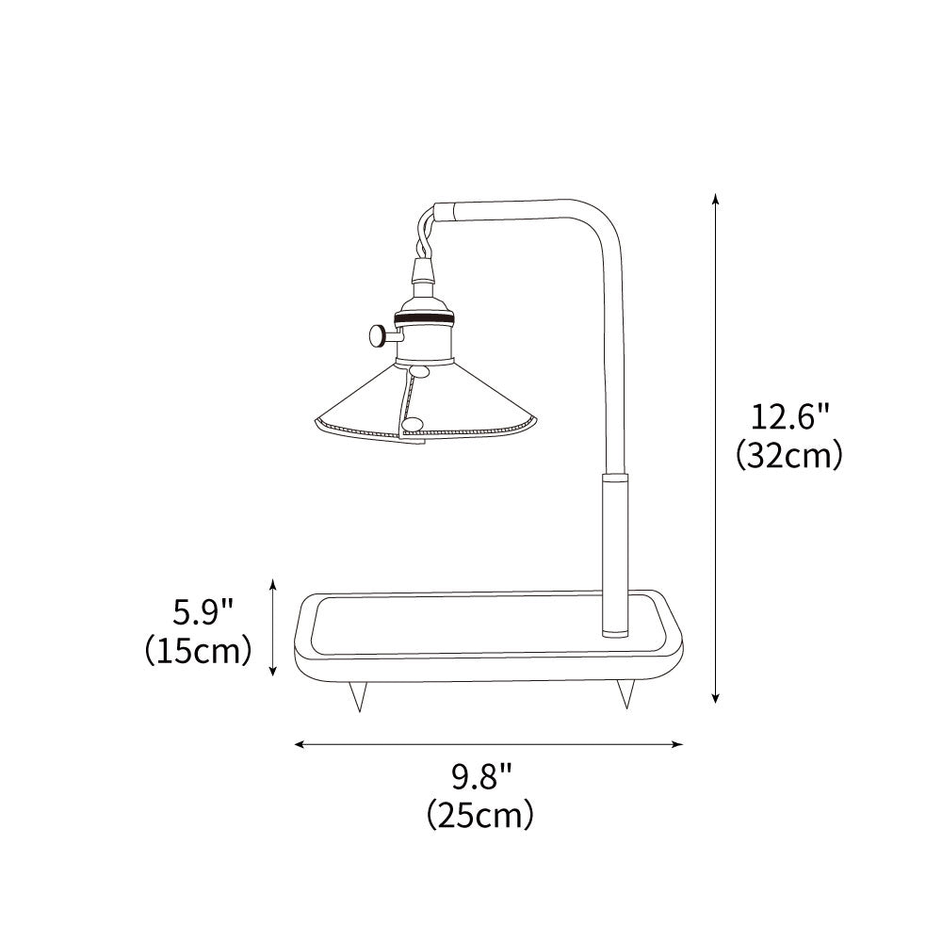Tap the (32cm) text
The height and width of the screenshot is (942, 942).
pos(788,455)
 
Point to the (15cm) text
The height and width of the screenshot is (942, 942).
pos(198,650)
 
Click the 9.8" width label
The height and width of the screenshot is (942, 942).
pos(480,777)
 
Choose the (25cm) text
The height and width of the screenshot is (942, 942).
pos(480,813)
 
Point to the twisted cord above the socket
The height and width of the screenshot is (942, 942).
pos(424,235)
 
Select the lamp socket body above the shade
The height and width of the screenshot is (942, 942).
pos(421,330)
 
